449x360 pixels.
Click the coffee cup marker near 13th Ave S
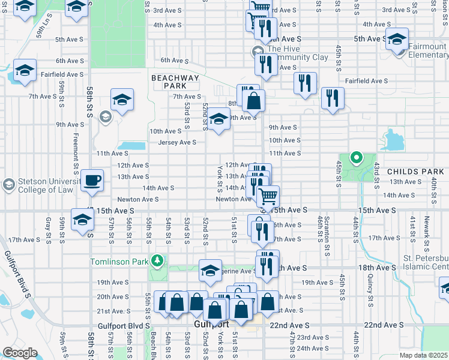92,180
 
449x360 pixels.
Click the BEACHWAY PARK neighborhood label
175,82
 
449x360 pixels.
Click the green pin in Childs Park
355,158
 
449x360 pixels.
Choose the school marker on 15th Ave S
82,219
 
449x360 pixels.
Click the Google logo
20,353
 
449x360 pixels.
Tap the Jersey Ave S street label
177,142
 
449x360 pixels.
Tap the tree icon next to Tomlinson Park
157,260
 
